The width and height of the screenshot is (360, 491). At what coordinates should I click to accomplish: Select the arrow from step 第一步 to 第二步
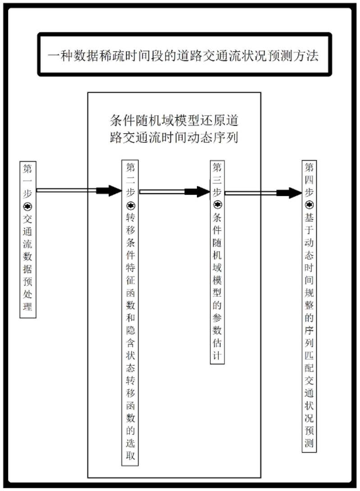(x=79, y=191)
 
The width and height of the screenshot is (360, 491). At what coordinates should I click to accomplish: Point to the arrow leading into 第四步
(x=263, y=193)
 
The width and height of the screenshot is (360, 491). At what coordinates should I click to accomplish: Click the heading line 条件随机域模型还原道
(x=174, y=121)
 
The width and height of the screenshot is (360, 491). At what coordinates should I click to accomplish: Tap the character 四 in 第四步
(x=309, y=180)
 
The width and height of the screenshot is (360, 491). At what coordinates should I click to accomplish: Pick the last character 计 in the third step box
(x=217, y=354)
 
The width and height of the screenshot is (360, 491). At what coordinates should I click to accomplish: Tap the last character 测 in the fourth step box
(x=309, y=443)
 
